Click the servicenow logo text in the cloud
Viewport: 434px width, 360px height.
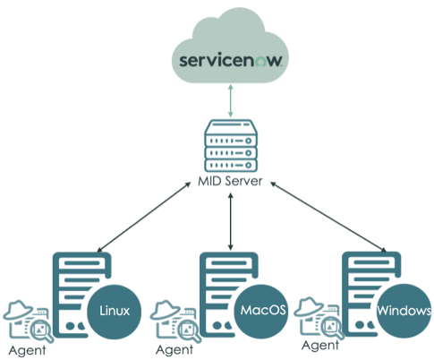[230, 60]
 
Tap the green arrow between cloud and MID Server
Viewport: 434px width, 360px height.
[230, 101]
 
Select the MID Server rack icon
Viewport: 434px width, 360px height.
[231, 146]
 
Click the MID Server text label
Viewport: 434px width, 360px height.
[230, 181]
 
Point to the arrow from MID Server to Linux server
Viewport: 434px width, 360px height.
[144, 217]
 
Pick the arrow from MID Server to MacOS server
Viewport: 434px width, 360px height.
[230, 221]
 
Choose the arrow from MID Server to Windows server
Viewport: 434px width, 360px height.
[328, 217]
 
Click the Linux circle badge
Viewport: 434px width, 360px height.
[114, 312]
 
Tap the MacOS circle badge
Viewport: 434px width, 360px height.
[261, 311]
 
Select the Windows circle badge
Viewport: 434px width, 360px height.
[404, 311]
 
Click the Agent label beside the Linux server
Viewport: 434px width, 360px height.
[27, 350]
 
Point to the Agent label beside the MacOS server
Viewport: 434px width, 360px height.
[174, 349]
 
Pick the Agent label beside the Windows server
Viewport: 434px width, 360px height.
[320, 346]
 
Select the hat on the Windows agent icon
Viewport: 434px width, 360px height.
[309, 306]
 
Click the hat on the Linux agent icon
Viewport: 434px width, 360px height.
[18, 310]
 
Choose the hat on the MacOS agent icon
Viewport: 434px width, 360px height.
[166, 310]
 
